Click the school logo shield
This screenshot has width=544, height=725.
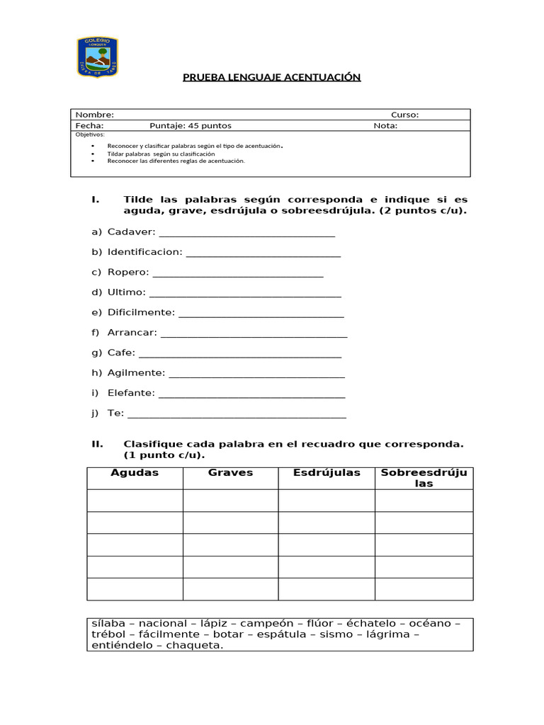[x=97, y=57]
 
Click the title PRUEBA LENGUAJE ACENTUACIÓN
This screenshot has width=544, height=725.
[x=272, y=76]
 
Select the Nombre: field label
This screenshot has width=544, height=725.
[x=95, y=115]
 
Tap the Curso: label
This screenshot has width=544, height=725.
[x=404, y=115]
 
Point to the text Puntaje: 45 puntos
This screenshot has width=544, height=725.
[x=191, y=126]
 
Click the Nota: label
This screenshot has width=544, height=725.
[x=385, y=126]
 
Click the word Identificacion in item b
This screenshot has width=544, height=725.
[x=144, y=252]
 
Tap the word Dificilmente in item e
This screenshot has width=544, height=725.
[x=140, y=312]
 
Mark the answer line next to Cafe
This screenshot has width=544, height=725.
[x=239, y=353]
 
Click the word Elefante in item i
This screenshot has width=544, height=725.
[x=130, y=393]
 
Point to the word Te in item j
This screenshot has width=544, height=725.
[x=115, y=413]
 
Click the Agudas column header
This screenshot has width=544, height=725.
[x=135, y=473]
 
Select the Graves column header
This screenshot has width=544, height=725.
[x=230, y=473]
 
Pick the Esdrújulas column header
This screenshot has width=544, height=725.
[x=327, y=473]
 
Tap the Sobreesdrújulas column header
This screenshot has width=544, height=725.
[x=424, y=478]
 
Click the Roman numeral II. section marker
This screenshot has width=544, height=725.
[x=98, y=444]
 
